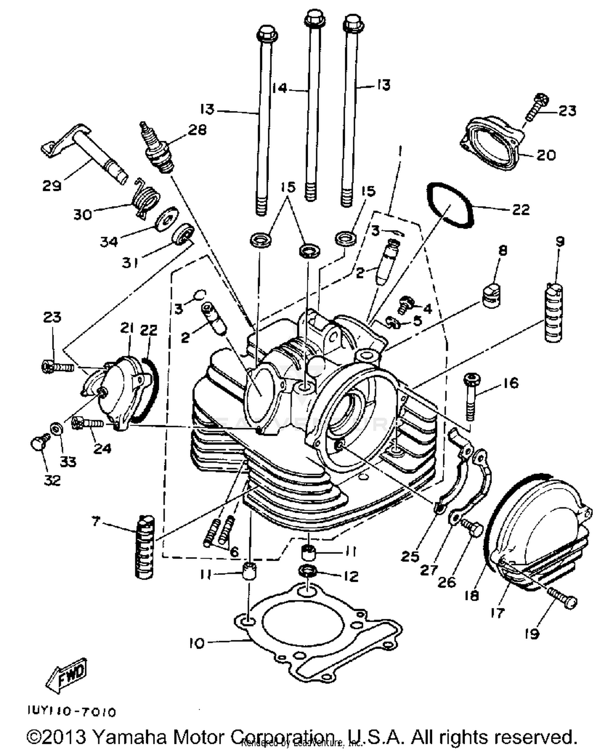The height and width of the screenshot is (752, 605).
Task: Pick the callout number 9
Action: [560, 242]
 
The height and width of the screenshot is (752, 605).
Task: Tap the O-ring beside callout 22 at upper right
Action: [451, 204]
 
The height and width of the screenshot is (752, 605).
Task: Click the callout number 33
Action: [68, 461]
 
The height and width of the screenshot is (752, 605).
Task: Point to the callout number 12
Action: [351, 576]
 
